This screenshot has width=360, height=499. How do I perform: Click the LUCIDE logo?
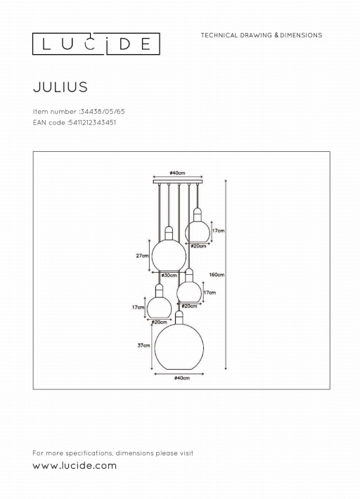(x=96, y=44)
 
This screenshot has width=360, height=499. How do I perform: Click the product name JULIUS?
(x=60, y=87)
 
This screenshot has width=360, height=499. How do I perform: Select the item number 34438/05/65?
(x=103, y=111)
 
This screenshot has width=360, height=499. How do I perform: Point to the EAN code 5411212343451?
(x=92, y=122)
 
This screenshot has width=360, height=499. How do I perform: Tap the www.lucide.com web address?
(x=75, y=465)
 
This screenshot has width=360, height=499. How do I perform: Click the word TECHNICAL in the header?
(x=219, y=35)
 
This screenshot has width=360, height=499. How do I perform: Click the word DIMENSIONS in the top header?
(x=301, y=35)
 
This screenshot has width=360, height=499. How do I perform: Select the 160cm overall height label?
(x=217, y=274)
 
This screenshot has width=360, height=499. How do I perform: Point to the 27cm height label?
(x=142, y=256)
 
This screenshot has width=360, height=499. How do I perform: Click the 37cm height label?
(x=144, y=345)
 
